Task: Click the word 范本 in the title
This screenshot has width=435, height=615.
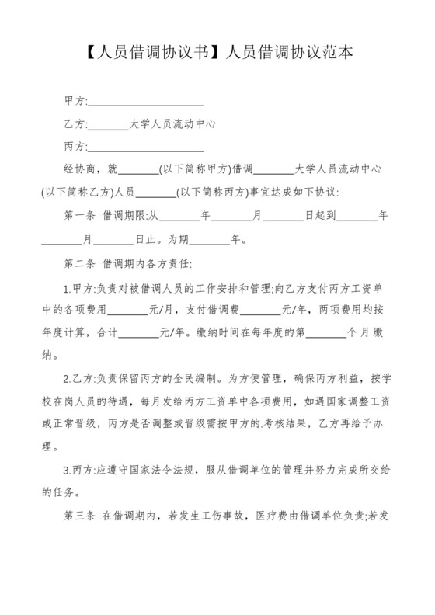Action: pyautogui.click(x=338, y=54)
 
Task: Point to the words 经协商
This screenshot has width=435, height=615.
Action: pyautogui.click(x=80, y=169)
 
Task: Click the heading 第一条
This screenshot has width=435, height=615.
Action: pyautogui.click(x=79, y=215)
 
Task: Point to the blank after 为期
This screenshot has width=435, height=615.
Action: pyautogui.click(x=208, y=239)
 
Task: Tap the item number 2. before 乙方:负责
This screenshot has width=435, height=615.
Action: pyautogui.click(x=68, y=380)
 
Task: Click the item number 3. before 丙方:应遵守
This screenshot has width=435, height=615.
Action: pyautogui.click(x=68, y=471)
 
